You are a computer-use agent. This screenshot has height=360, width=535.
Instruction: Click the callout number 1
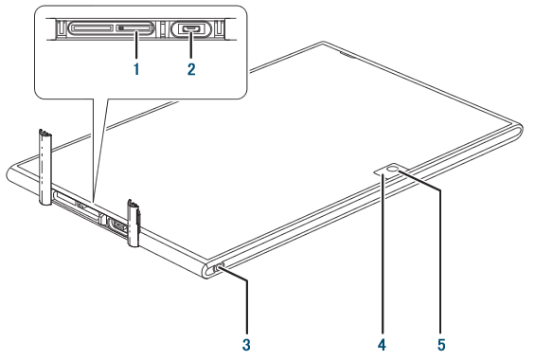tap(136, 69)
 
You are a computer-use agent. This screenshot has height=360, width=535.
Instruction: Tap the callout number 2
tap(191, 69)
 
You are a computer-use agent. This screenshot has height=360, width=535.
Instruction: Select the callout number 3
tap(246, 344)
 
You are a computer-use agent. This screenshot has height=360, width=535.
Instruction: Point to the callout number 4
tap(383, 344)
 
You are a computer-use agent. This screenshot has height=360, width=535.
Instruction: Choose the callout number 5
tap(441, 344)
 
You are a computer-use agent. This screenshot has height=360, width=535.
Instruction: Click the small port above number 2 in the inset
tap(191, 28)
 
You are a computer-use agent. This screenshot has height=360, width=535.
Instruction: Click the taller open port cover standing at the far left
tap(45, 167)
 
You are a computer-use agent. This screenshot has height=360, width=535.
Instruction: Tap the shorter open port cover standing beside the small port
tap(134, 223)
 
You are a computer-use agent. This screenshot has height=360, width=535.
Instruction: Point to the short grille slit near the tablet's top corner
tap(348, 54)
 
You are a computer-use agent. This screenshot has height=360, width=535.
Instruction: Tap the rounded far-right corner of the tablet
tap(519, 127)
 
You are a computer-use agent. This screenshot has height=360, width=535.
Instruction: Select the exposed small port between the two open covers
tap(116, 226)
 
